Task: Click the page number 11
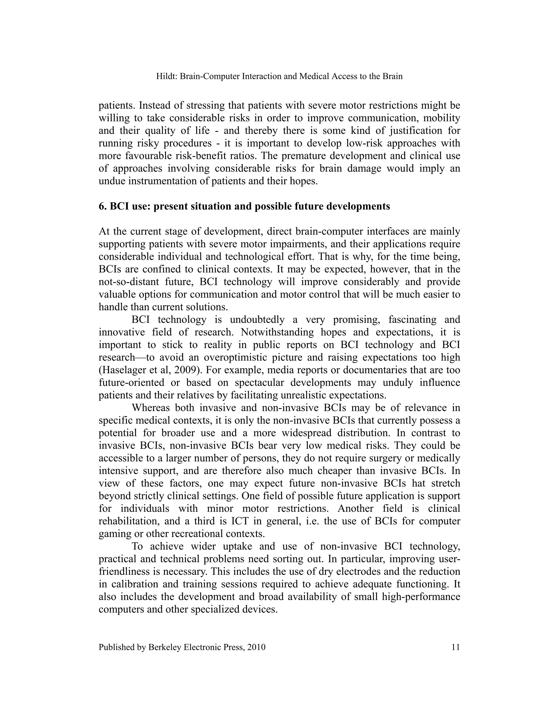click(456, 647)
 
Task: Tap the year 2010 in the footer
click(257, 647)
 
